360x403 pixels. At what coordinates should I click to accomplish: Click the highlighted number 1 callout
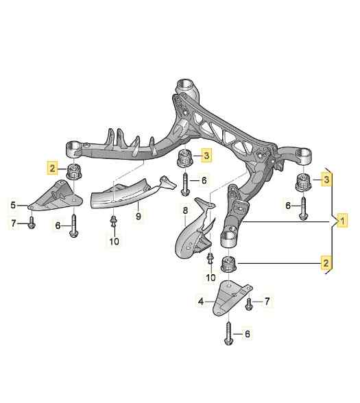tap(342, 221)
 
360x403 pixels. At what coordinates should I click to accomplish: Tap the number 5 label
tap(13, 205)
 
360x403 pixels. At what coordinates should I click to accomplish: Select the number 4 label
tap(201, 302)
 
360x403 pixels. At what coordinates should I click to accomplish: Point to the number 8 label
tap(185, 211)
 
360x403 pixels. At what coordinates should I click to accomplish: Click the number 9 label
tap(139, 217)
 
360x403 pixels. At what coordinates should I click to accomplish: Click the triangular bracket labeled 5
tap(56, 196)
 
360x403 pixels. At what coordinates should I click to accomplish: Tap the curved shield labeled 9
tap(130, 195)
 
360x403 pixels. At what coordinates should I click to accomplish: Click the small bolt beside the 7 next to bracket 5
tap(32, 223)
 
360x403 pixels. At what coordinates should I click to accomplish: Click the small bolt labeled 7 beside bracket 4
tap(249, 304)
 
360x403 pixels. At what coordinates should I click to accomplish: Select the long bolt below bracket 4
tap(228, 334)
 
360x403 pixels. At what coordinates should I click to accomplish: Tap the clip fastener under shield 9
tap(112, 221)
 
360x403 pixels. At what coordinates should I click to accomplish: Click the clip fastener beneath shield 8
tap(210, 258)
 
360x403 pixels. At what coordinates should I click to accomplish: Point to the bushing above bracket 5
tap(74, 171)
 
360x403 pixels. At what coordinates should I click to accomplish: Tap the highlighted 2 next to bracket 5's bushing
tap(52, 169)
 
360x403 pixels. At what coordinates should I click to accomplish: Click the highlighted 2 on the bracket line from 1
tap(326, 263)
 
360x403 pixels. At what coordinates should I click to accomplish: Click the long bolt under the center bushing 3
tap(185, 184)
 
